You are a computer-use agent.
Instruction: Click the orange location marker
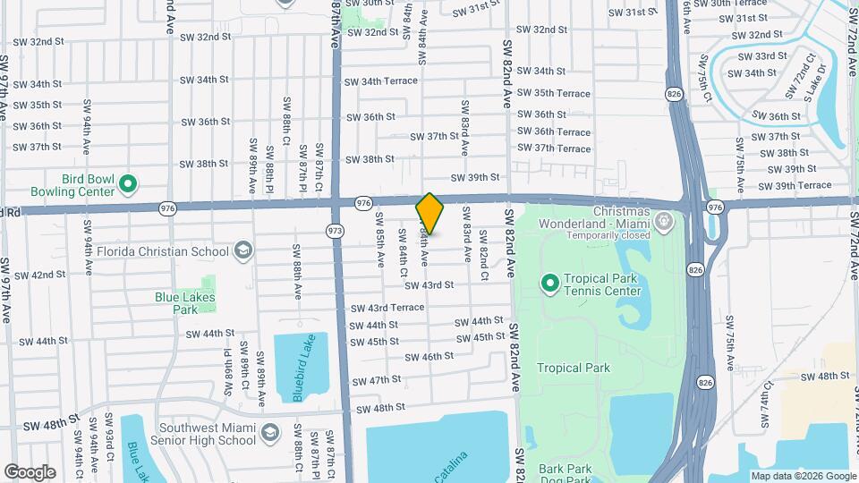coord(429,213)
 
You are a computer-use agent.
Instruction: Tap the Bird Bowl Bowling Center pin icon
coord(128,185)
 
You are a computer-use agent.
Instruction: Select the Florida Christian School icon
coord(242,250)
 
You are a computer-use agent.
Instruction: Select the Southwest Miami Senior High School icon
coord(269,435)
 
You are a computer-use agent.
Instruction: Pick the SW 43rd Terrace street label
coord(388,307)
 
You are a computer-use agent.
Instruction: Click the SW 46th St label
coord(429,356)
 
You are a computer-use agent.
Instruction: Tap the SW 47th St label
coord(378,380)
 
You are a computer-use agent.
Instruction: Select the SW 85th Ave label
coord(379,241)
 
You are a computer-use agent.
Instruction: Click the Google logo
coord(30,471)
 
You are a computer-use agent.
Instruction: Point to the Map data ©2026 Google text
coord(803,476)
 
